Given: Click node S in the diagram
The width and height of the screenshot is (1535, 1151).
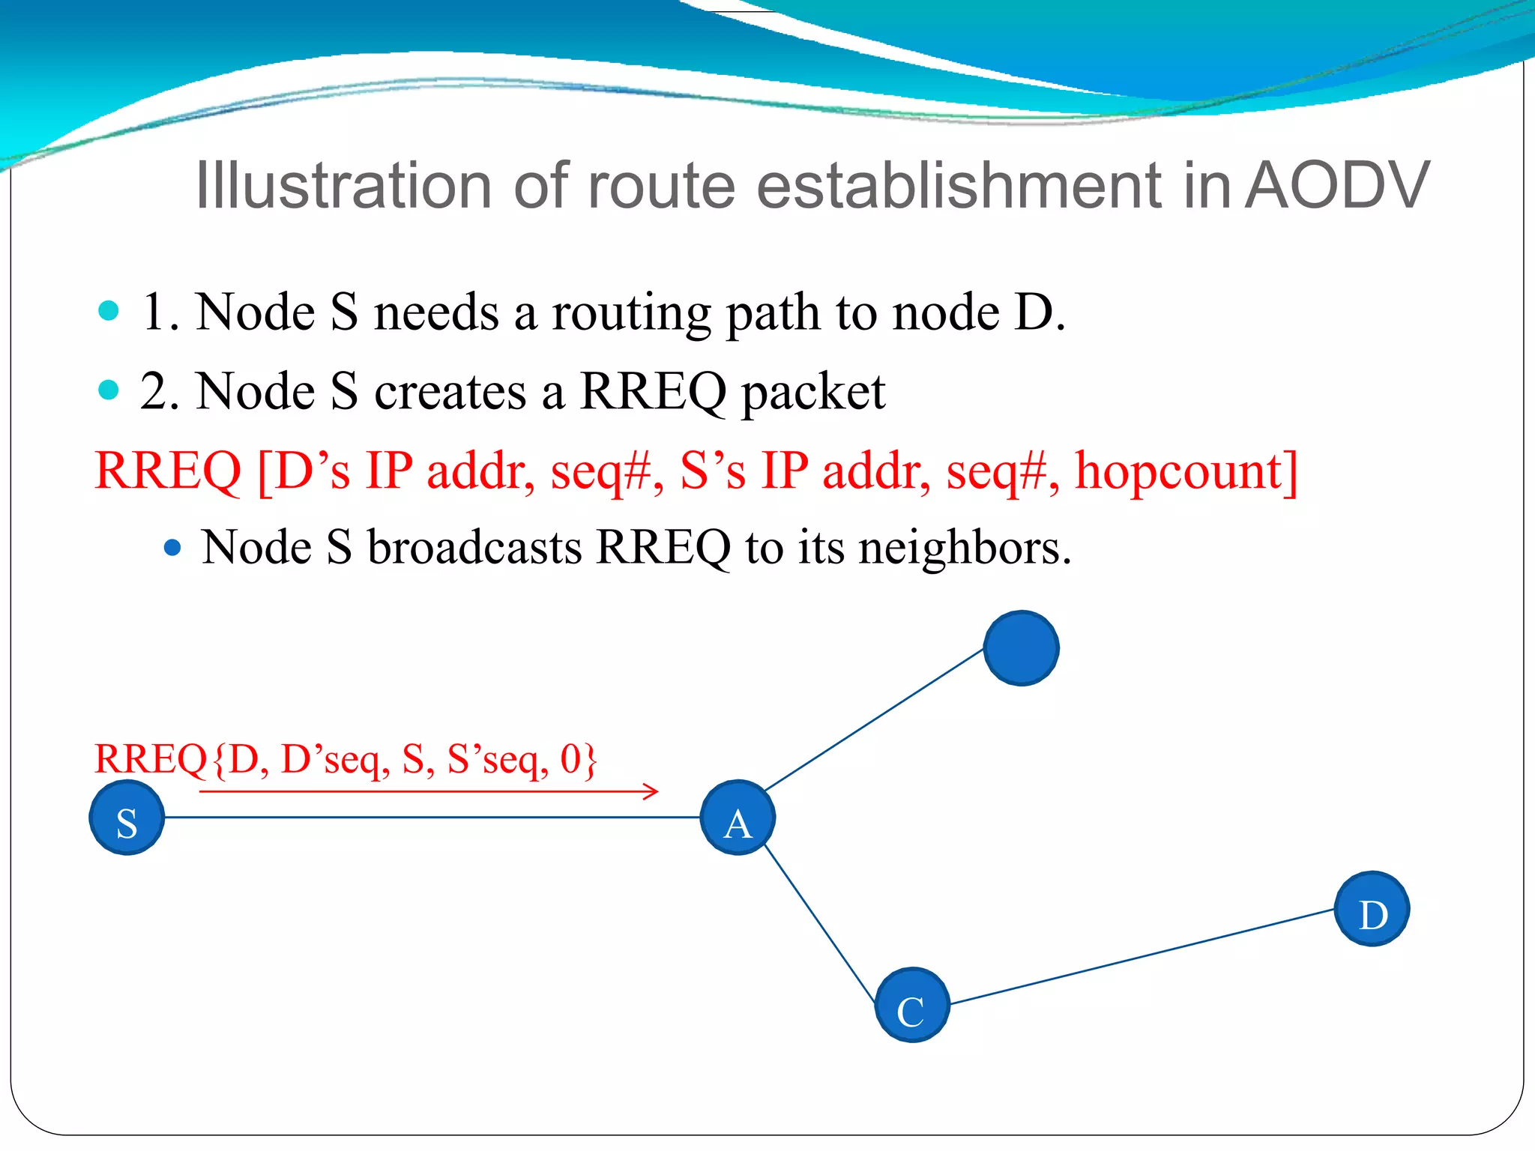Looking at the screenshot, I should coord(127,818).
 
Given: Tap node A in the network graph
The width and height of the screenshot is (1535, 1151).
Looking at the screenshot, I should coord(738,818).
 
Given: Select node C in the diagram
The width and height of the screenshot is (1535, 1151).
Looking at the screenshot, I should coord(912,1005).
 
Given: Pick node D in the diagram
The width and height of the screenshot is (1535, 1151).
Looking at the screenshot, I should coord(1372,909).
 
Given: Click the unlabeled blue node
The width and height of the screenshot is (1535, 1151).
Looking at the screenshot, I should coord(1021,648).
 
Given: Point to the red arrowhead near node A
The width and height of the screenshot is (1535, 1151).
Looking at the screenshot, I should coord(653,791).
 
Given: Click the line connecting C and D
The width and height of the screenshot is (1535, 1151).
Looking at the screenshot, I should coord(1139,957).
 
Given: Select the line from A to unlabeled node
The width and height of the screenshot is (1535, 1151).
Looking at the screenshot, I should coord(873,720).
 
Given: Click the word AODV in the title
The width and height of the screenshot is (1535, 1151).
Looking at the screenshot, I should coord(1337,186).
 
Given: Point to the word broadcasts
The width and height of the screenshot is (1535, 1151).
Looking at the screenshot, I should coord(474,547).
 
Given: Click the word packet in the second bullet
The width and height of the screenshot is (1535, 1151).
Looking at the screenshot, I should coord(813,393).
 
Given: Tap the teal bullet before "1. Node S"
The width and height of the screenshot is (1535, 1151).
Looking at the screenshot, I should coord(109,310).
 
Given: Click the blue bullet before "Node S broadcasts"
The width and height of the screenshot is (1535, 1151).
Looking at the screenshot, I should coord(172,548).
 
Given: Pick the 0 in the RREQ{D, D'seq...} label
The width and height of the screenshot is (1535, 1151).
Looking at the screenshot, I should coord(570,758).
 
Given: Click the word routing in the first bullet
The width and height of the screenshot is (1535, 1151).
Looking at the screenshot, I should coord(631,313).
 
